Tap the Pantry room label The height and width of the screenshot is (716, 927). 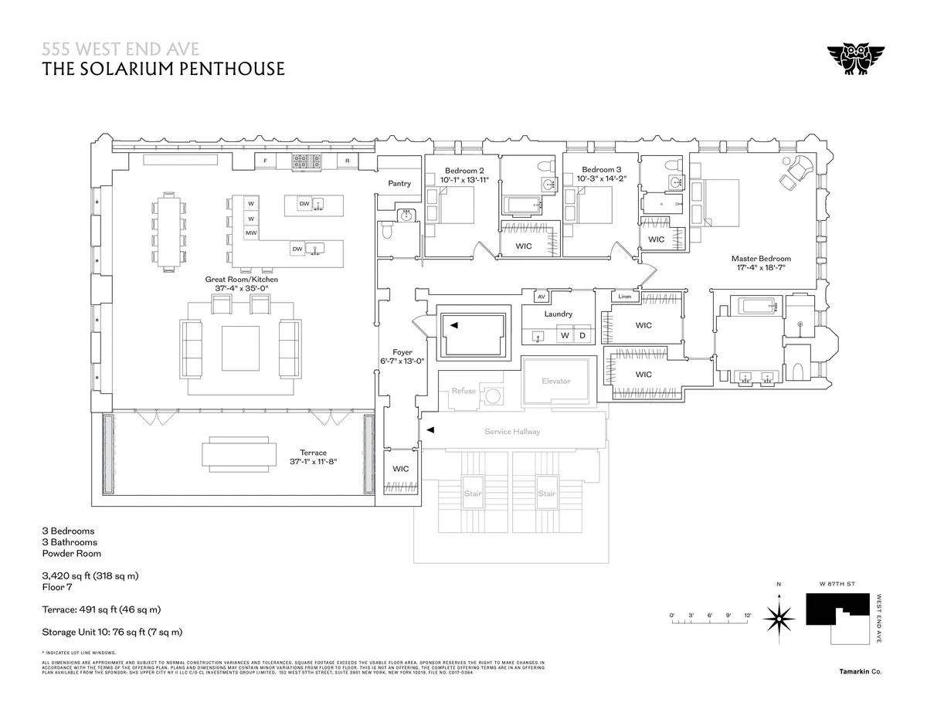pos(399,184)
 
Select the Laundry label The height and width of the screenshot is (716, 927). pos(558,314)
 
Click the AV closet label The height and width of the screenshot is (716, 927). pos(542,296)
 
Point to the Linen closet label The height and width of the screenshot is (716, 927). pos(625,297)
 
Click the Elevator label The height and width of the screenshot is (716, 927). pos(556,381)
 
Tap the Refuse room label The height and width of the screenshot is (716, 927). pos(464,391)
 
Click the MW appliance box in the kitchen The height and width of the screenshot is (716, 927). pos(251,233)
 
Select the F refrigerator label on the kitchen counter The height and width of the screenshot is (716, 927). pos(266,161)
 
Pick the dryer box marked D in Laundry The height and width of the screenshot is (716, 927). pos(582,336)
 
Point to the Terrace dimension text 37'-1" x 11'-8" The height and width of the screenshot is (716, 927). pos(313,462)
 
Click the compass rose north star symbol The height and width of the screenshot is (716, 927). pos(779,619)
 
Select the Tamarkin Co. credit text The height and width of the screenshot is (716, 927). pos(860,672)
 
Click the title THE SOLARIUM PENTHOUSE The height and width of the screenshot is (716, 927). pos(163,70)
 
